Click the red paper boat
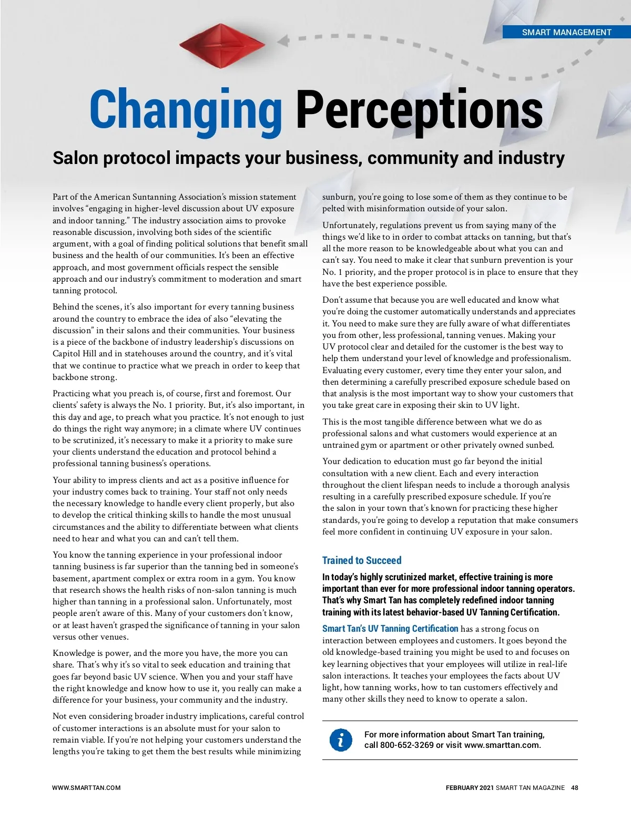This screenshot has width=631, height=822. coord(222,45)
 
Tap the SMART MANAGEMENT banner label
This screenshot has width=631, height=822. coord(566,32)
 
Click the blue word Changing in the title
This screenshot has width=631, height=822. coord(187,110)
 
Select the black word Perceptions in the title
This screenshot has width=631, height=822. coord(419,110)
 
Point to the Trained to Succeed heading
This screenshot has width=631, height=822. coord(362,560)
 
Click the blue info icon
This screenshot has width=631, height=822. coord(341,740)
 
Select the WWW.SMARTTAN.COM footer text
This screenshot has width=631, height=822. coord(86,788)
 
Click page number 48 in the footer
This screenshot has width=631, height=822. coord(575,788)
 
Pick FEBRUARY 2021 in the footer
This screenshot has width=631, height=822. coord(470,788)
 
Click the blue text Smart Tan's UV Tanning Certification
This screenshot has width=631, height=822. coord(390,629)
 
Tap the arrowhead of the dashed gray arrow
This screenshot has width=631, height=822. coord(283,40)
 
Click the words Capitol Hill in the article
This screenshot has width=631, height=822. coord(74,354)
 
